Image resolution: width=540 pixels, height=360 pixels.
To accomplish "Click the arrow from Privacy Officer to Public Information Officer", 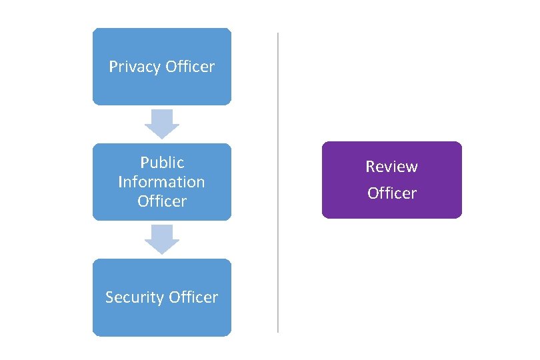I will pyautogui.click(x=162, y=123).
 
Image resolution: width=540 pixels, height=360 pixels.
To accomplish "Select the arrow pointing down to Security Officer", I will pyautogui.click(x=162, y=239).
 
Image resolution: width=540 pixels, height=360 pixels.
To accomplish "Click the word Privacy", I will pyautogui.click(x=134, y=67).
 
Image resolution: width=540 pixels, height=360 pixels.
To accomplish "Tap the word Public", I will pyautogui.click(x=162, y=163).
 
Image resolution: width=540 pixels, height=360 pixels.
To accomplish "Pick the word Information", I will pyautogui.click(x=161, y=181).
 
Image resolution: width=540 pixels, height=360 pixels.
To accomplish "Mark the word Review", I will pyautogui.click(x=391, y=167).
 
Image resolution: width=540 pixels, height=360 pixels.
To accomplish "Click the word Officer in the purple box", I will pyautogui.click(x=392, y=193).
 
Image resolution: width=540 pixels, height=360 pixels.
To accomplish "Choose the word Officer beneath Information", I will pyautogui.click(x=162, y=201).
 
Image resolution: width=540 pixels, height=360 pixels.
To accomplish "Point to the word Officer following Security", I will pyautogui.click(x=193, y=297).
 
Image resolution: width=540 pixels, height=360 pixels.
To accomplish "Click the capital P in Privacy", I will pyautogui.click(x=113, y=67).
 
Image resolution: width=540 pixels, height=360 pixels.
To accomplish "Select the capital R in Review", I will pyautogui.click(x=369, y=167).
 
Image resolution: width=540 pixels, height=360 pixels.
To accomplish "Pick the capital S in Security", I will pyautogui.click(x=109, y=297).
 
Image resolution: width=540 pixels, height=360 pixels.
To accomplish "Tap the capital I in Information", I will pyautogui.click(x=120, y=181).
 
